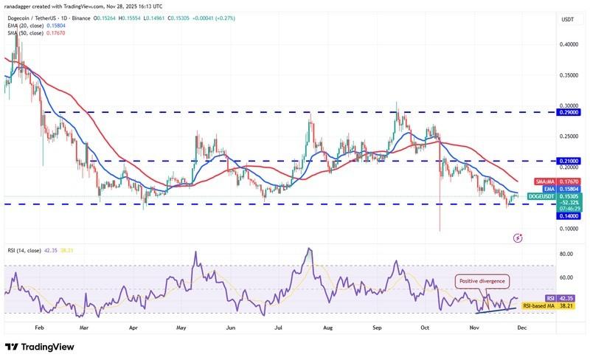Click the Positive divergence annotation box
coord(483,280)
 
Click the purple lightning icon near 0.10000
coord(518,238)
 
